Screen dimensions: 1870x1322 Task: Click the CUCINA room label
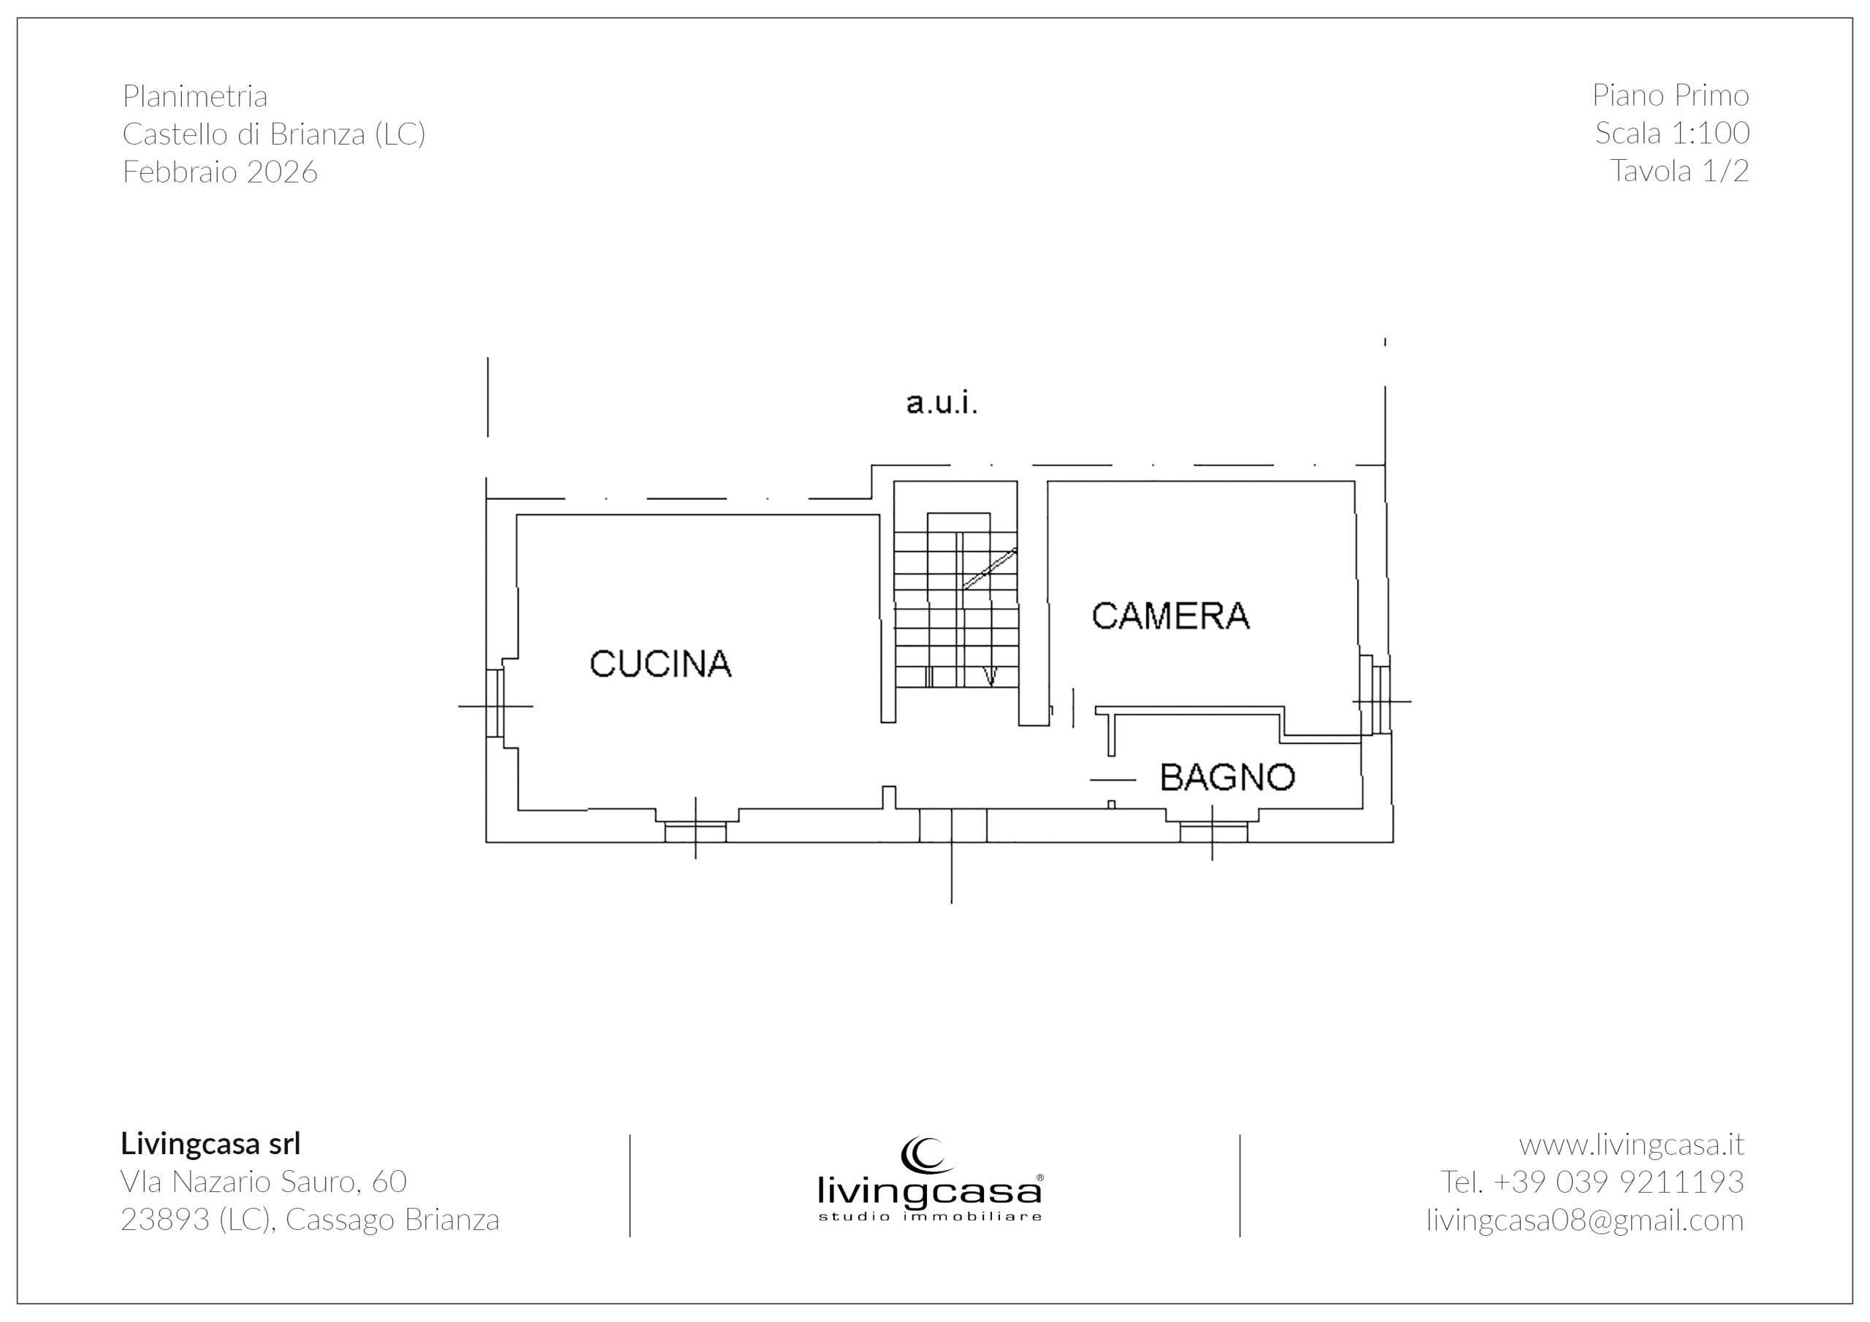point(660,664)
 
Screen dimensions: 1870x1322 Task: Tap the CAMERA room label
point(1170,615)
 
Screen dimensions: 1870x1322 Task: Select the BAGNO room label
point(1227,777)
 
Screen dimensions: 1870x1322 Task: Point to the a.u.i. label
point(942,403)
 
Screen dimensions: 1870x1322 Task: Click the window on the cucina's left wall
point(495,703)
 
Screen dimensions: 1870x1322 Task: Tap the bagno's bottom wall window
point(1213,831)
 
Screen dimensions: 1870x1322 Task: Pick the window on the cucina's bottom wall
point(695,831)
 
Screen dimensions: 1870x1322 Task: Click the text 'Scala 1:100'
point(1672,133)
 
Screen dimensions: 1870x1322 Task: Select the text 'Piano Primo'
point(1671,95)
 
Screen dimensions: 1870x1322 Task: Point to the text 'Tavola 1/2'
point(1679,171)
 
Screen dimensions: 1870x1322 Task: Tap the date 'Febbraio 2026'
point(220,172)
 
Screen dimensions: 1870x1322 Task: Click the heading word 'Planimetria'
point(194,96)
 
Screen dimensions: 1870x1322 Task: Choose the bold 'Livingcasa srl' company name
point(211,1144)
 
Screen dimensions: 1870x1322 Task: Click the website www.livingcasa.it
point(1631,1145)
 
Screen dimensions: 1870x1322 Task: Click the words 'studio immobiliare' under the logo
point(930,1217)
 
